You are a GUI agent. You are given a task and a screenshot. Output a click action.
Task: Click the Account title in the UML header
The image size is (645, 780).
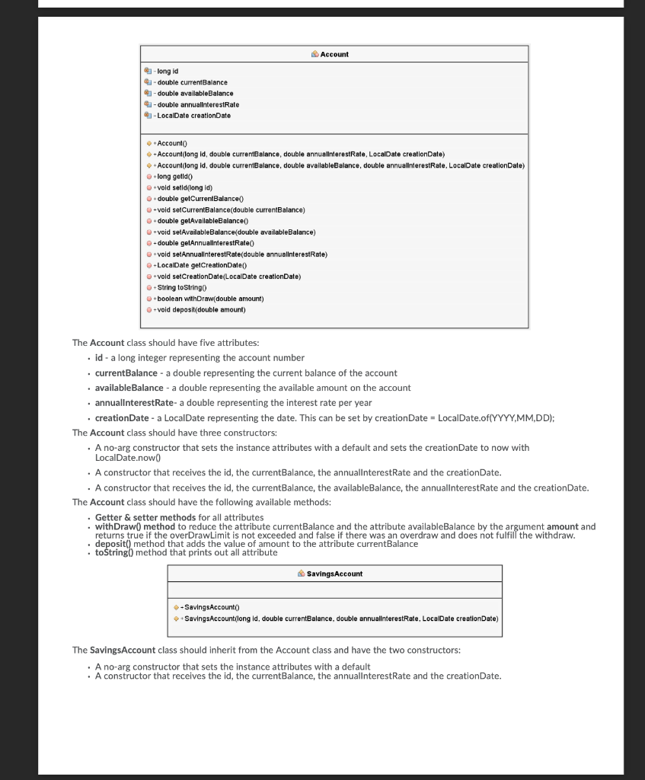pyautogui.click(x=334, y=54)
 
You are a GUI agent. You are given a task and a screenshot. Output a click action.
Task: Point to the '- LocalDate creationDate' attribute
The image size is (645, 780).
pyautogui.click(x=193, y=115)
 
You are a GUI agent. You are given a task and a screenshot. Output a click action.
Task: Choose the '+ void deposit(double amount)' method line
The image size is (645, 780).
pyautogui.click(x=200, y=310)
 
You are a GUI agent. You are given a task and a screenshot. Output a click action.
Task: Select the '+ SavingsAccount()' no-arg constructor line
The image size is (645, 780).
pyautogui.click(x=212, y=607)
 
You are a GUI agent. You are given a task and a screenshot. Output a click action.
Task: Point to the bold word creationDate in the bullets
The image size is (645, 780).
pyautogui.click(x=122, y=418)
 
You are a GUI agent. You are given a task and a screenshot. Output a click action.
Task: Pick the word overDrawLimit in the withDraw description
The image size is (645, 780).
pyautogui.click(x=196, y=535)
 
